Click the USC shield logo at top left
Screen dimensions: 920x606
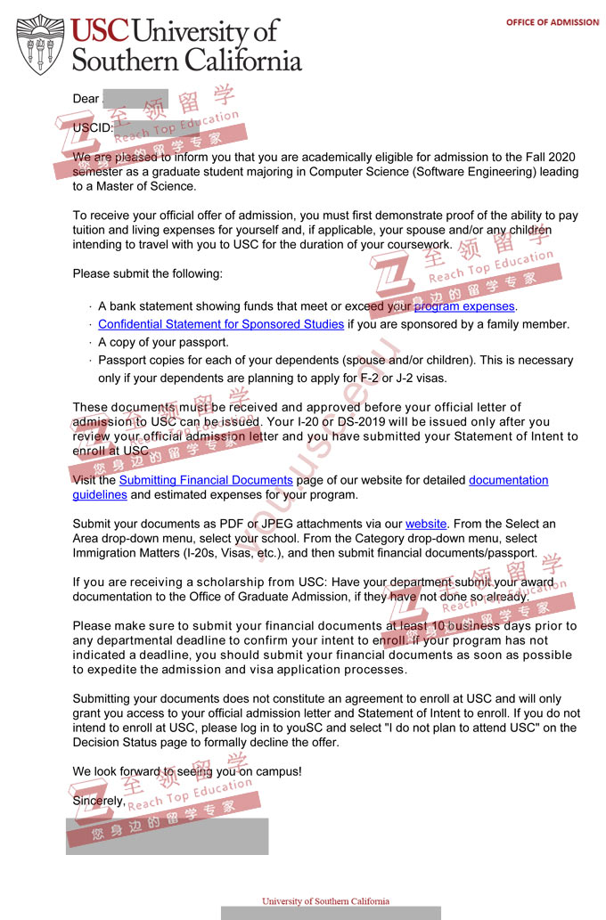point(37,44)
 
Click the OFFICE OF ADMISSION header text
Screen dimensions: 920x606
point(553,22)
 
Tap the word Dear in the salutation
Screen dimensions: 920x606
point(86,98)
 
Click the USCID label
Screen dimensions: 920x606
point(93,127)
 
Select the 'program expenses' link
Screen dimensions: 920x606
point(464,307)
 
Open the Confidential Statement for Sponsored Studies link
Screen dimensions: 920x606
point(221,324)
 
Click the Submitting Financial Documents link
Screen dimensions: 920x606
point(206,480)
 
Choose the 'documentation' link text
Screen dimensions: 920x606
point(508,480)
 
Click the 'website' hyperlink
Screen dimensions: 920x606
point(426,524)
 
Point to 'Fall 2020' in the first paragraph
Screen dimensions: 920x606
point(549,157)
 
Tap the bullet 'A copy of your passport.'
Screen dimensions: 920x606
point(163,342)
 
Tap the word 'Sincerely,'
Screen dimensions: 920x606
point(99,801)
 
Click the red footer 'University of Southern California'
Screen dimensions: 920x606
point(325,901)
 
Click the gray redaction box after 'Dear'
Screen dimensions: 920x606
point(135,98)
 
